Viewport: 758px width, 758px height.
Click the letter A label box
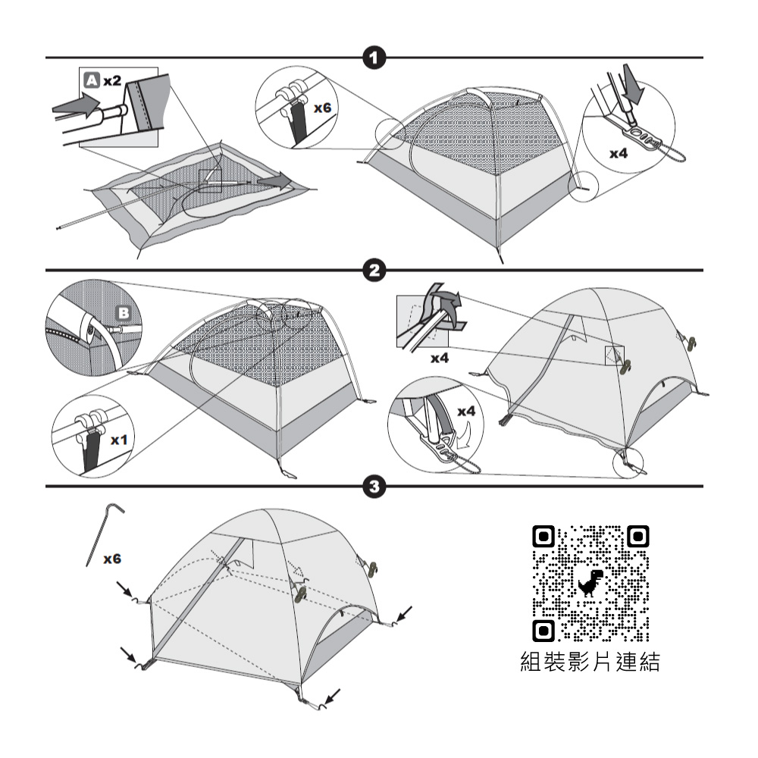pyautogui.click(x=90, y=79)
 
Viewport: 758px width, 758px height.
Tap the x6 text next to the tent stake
pyautogui.click(x=112, y=559)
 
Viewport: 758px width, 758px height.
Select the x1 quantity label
pyautogui.click(x=120, y=440)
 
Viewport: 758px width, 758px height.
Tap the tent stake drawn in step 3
pyautogui.click(x=100, y=531)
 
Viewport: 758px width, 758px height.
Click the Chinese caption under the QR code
pyautogui.click(x=591, y=662)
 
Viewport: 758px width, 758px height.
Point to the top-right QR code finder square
pyautogui.click(x=637, y=537)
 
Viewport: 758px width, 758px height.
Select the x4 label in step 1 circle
pyautogui.click(x=619, y=153)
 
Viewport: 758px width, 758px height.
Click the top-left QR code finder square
pyautogui.click(x=543, y=537)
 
